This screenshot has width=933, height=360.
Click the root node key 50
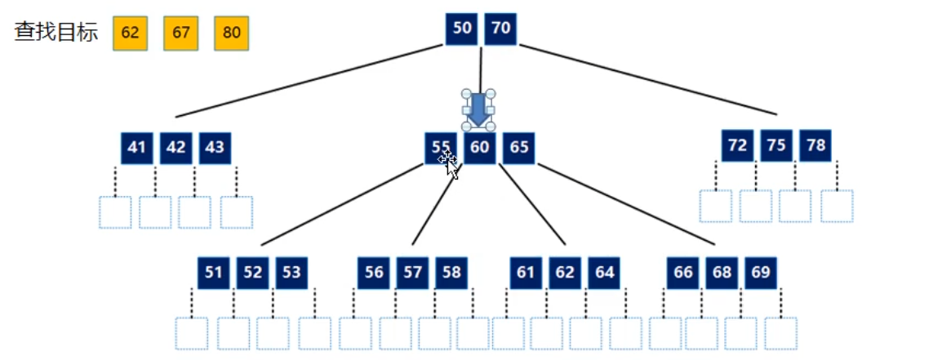click(462, 29)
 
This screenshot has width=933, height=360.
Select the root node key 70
click(500, 29)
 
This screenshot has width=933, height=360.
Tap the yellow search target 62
click(130, 33)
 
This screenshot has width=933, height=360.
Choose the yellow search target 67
click(181, 33)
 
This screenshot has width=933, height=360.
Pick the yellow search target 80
click(232, 33)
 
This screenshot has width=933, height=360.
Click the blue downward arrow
click(479, 110)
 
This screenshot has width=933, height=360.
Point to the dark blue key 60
click(480, 148)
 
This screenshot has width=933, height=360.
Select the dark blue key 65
click(519, 148)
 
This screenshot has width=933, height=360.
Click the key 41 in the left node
click(137, 148)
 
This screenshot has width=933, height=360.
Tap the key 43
click(215, 148)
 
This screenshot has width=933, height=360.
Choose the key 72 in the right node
click(738, 145)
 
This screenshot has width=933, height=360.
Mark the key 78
click(815, 145)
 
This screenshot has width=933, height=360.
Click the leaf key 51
click(214, 273)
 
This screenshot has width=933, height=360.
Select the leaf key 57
click(412, 273)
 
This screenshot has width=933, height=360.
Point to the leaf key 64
click(604, 273)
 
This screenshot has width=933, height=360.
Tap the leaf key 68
click(722, 273)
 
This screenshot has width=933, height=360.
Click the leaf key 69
click(761, 273)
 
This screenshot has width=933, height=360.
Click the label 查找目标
click(56, 33)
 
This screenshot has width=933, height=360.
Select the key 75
click(776, 145)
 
